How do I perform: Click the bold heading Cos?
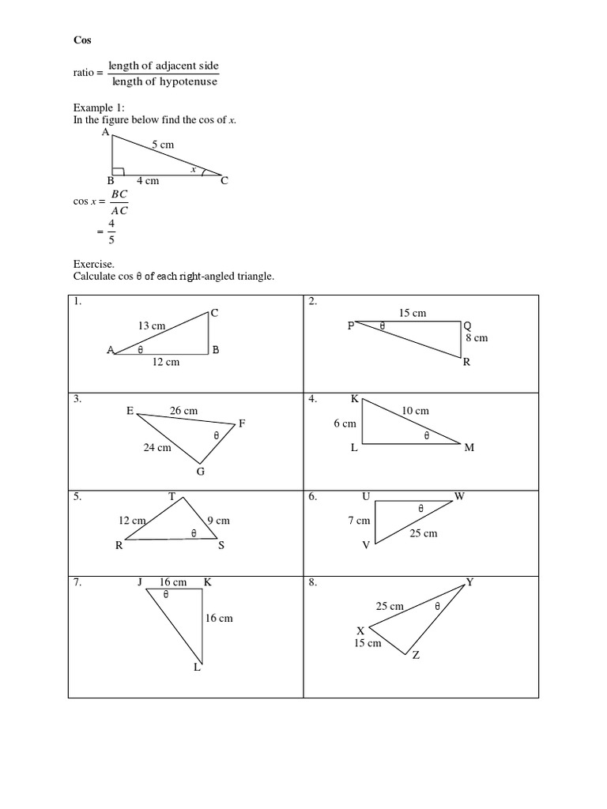coord(81,40)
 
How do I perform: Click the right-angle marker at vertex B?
coord(117,171)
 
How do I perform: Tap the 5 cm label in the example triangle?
coord(162,145)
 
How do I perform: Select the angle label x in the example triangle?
coord(192,168)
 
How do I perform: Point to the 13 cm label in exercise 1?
coord(152,325)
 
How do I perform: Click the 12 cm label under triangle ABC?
coord(165,362)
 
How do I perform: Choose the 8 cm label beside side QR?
coord(477,337)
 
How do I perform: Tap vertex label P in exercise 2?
coord(350,325)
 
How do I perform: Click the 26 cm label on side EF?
coord(184,410)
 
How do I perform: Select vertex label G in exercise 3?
coord(200,472)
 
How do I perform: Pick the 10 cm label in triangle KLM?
coord(415,410)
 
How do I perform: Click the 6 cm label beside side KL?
coord(345,423)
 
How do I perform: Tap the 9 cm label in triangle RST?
coord(218,521)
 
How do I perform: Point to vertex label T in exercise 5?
coord(172,496)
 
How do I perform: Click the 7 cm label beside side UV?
coord(359,521)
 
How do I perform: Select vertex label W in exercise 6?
coord(460,496)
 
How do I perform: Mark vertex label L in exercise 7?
coord(198,668)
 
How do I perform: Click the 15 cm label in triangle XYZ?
coord(368,643)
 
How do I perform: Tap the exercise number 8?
coord(313,582)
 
